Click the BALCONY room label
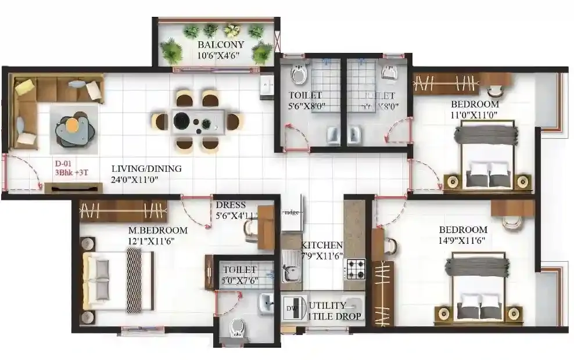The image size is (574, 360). point(220,45)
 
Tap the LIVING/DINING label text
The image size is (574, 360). point(146,169)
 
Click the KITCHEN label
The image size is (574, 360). point(321,246)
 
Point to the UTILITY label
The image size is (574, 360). point(327,305)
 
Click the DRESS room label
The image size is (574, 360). point(230,205)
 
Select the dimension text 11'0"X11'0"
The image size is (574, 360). point(474,114)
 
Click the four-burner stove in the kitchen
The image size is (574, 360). point(355,268)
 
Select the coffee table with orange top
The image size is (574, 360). point(73,127)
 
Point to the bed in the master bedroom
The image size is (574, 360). point(119,280)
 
